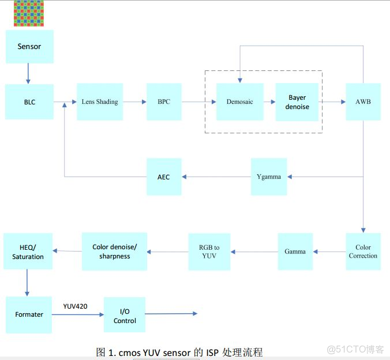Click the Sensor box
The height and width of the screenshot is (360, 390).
tap(29, 47)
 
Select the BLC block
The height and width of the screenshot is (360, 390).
tap(29, 102)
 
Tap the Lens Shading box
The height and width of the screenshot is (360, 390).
tap(100, 102)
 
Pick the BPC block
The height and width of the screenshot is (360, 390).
tap(164, 102)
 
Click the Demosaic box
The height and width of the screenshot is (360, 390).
tap(239, 102)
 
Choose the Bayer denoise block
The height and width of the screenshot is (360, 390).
tap(297, 102)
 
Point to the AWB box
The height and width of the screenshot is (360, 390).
tap(363, 102)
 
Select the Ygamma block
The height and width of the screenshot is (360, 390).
tap(269, 177)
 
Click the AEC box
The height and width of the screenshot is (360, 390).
tap(164, 177)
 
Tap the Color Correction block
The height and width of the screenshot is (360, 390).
tap(363, 252)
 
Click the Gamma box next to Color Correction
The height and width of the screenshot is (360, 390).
tap(295, 252)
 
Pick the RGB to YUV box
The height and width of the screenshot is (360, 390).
tap(209, 252)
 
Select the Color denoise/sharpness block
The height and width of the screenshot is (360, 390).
tap(114, 252)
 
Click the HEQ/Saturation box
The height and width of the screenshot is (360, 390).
tap(28, 252)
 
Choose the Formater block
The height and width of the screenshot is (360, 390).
tap(29, 314)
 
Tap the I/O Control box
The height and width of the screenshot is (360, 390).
tap(125, 315)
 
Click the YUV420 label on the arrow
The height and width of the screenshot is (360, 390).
tap(75, 306)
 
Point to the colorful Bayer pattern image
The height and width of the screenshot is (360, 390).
tap(29, 13)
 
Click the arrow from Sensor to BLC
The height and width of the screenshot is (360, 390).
tap(27, 73)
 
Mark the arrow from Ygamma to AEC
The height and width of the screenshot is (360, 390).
tap(217, 177)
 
